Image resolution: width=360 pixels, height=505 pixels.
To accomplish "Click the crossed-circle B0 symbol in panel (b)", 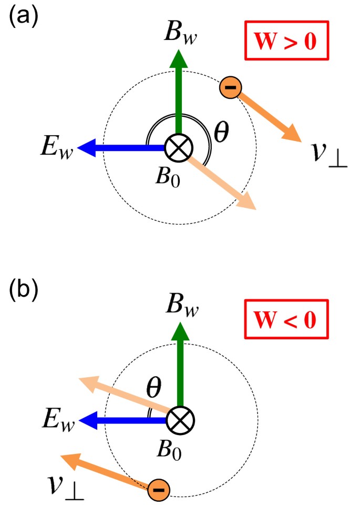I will [179, 420].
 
